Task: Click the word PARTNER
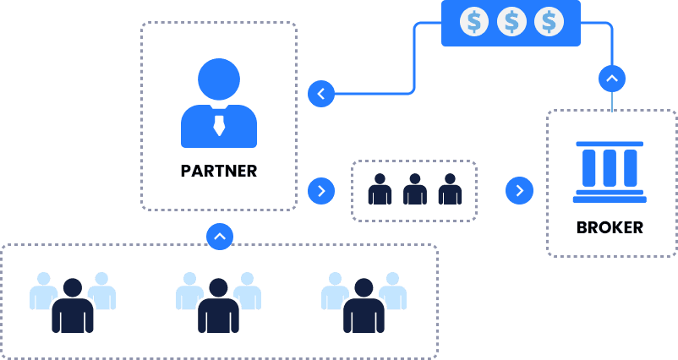(x=218, y=171)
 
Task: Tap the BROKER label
(x=610, y=227)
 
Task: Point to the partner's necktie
(x=219, y=126)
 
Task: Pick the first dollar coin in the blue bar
(x=474, y=21)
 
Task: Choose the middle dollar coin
(x=511, y=21)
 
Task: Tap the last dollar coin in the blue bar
(x=549, y=21)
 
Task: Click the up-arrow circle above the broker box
(x=611, y=79)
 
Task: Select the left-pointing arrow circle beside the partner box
(x=321, y=93)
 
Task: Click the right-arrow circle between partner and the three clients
(x=321, y=191)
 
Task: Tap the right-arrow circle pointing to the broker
(x=519, y=191)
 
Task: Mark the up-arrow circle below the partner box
(x=219, y=236)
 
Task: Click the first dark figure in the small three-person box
(x=380, y=189)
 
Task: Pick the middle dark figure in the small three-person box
(x=414, y=189)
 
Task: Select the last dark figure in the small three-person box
(x=450, y=189)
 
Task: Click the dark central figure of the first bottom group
(x=73, y=306)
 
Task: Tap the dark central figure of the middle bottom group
(x=219, y=306)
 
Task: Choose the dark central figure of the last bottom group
(x=364, y=306)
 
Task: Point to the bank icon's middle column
(x=610, y=168)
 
